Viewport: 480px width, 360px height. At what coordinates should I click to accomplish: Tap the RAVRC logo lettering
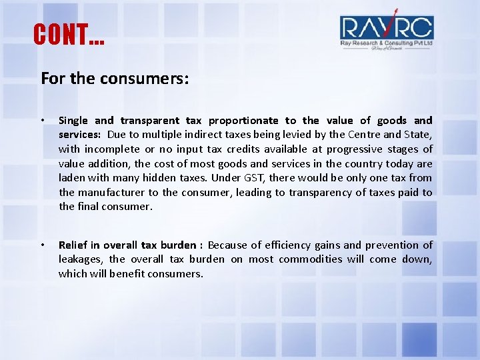click(386, 27)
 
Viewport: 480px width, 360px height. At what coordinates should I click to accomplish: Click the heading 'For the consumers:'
click(115, 79)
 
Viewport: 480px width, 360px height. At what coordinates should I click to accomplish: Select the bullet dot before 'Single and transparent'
click(42, 121)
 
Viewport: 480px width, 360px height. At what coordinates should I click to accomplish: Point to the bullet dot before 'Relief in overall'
click(42, 245)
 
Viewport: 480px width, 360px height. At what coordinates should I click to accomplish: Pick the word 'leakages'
click(79, 259)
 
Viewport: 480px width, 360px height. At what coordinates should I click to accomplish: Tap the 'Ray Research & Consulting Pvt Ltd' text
click(387, 43)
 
